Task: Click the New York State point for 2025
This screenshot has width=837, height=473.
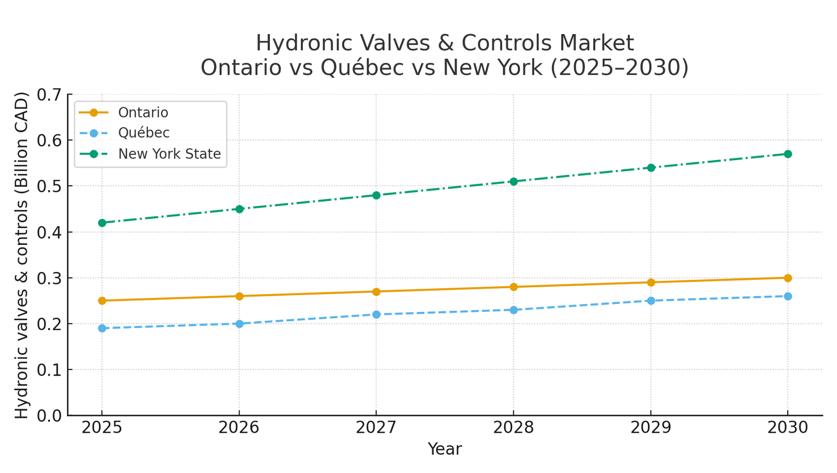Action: click(x=102, y=223)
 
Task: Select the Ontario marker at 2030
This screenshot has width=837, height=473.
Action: click(x=788, y=278)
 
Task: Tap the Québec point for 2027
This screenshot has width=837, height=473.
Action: click(x=376, y=314)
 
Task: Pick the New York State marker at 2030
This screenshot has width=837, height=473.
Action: click(x=788, y=154)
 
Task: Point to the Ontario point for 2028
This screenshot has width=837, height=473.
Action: click(x=514, y=287)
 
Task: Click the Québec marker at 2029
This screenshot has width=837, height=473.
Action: click(x=651, y=301)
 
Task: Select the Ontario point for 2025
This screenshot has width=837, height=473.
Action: click(x=102, y=301)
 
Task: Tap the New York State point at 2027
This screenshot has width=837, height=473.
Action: click(x=376, y=195)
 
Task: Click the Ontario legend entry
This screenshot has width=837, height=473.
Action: click(x=143, y=112)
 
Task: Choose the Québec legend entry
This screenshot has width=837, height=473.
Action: click(x=144, y=133)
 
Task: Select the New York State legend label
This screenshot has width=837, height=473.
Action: click(x=169, y=154)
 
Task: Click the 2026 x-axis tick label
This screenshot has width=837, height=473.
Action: click(x=239, y=428)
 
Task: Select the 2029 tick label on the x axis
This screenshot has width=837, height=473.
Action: click(x=651, y=428)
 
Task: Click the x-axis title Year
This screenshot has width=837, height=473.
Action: click(x=445, y=449)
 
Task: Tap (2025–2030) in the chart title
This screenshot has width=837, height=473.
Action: click(x=619, y=67)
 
